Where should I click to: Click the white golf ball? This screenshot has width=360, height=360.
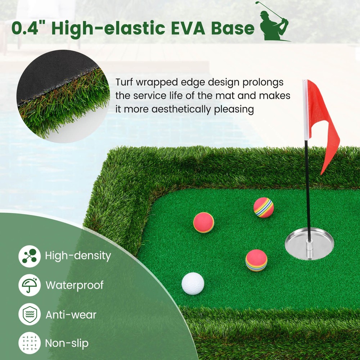click(193, 283)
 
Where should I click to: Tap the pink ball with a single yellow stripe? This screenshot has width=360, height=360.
click(204, 222)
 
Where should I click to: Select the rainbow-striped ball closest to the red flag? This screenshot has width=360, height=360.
click(264, 208)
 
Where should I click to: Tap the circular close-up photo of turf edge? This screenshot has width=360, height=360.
click(63, 96)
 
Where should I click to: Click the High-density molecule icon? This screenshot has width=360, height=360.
click(29, 256)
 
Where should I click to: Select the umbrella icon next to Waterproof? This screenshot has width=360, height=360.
click(29, 285)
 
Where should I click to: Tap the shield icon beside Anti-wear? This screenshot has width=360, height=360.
click(29, 314)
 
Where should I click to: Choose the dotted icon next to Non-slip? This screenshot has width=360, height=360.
click(29, 343)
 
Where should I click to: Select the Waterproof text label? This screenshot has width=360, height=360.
click(75, 285)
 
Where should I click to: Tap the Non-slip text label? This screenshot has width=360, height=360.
click(67, 343)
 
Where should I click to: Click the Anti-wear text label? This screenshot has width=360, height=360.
click(71, 315)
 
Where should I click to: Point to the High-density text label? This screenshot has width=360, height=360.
click(78, 256)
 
